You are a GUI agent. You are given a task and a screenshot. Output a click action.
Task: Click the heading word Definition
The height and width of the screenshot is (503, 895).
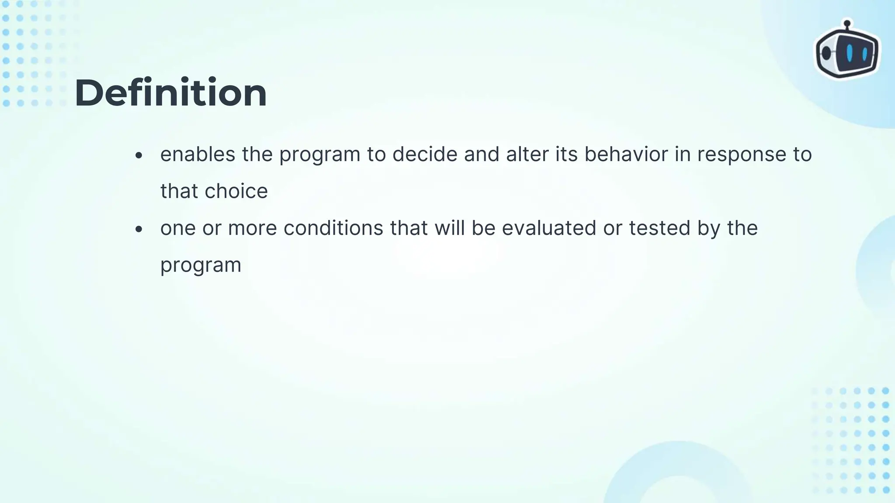click(x=170, y=93)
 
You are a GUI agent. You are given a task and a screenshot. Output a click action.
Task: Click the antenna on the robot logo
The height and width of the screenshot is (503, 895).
click(x=847, y=24)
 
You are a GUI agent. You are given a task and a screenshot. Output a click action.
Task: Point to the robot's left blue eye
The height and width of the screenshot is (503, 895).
click(x=849, y=53)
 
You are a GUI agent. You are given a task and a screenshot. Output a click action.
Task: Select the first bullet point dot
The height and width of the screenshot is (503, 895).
click(x=139, y=155)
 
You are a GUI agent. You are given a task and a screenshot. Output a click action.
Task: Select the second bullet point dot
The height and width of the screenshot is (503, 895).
click(x=139, y=229)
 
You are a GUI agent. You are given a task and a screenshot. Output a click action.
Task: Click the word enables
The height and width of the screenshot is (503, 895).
click(x=198, y=154)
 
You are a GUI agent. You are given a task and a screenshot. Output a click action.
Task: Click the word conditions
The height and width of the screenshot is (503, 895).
click(x=333, y=228)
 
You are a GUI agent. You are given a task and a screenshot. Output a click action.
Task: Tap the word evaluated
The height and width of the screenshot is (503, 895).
click(x=548, y=228)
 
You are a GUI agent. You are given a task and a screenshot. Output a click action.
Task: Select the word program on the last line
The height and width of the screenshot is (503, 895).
click(x=201, y=265)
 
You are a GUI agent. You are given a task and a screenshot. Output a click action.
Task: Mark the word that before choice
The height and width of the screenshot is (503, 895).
click(x=179, y=191)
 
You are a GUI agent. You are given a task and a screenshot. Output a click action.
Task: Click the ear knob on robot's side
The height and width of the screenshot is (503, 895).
click(x=826, y=53)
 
